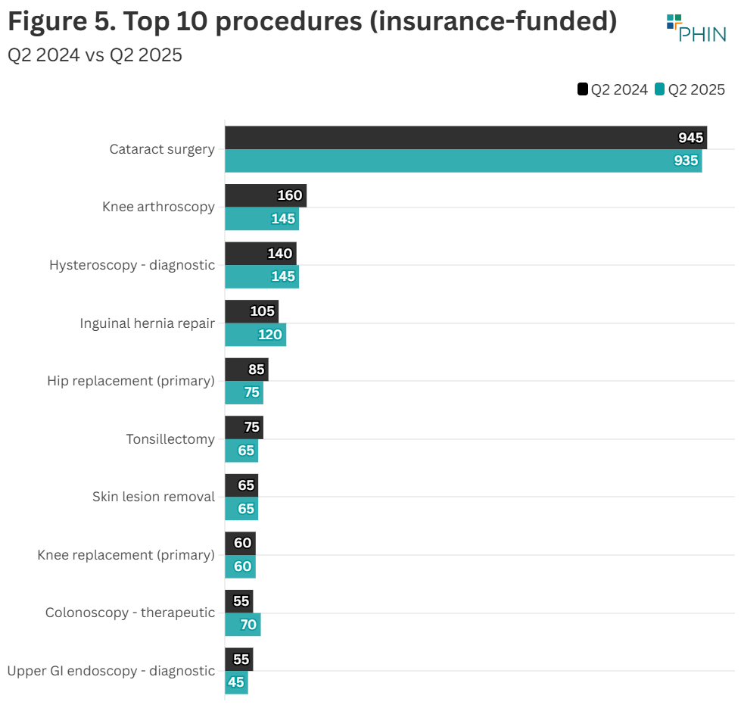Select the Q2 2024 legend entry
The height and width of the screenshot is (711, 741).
point(613,89)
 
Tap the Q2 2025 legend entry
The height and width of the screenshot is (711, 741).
point(690,89)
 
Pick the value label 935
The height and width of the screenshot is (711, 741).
point(686,161)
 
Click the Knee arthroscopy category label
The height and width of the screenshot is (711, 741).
point(158,207)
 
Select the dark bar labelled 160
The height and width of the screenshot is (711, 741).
point(265,195)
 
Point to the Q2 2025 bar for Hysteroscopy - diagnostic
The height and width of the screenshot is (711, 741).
point(261,276)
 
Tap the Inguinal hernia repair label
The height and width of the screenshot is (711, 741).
point(147,323)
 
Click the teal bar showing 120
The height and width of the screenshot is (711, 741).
point(255,335)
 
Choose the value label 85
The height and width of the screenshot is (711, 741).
point(257,370)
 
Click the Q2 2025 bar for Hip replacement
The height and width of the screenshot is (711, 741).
point(244,392)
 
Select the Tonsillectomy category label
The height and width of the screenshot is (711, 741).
point(170,439)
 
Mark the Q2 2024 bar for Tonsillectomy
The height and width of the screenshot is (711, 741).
point(244,427)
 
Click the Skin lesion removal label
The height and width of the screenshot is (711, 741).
point(154,497)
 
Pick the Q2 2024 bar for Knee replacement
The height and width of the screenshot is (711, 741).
point(240,543)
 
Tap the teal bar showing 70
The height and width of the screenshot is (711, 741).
point(242,625)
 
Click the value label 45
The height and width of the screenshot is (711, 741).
point(236,682)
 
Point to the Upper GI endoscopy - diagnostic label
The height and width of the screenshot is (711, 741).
point(111,671)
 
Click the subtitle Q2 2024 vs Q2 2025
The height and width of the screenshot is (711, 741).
point(95,55)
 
